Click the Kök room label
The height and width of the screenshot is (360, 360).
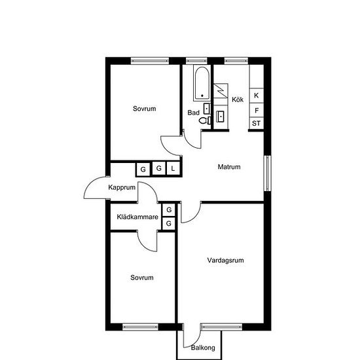tap(238, 99)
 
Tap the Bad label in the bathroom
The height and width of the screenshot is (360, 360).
tap(193, 113)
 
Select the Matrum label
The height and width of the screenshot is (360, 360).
tap(229, 167)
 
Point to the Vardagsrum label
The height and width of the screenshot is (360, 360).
tap(225, 260)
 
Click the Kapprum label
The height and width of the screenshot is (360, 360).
tap(122, 187)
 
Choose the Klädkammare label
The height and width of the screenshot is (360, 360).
tap(137, 217)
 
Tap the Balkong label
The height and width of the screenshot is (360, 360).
tap(203, 348)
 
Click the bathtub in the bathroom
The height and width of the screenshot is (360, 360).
tap(202, 83)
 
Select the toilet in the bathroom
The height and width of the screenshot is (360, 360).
tap(205, 120)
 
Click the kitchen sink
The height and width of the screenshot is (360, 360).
tap(221, 117)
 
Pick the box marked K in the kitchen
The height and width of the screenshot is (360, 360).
tap(257, 96)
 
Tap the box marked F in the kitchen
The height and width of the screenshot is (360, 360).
tap(257, 111)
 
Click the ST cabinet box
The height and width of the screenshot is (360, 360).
tap(257, 123)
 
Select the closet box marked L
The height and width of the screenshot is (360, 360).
tap(173, 169)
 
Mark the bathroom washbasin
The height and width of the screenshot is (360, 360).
tap(207, 109)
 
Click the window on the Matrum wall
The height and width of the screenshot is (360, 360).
tap(267, 173)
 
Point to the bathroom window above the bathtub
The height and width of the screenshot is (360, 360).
tap(196, 61)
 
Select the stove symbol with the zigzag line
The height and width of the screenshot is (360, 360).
tap(221, 91)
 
